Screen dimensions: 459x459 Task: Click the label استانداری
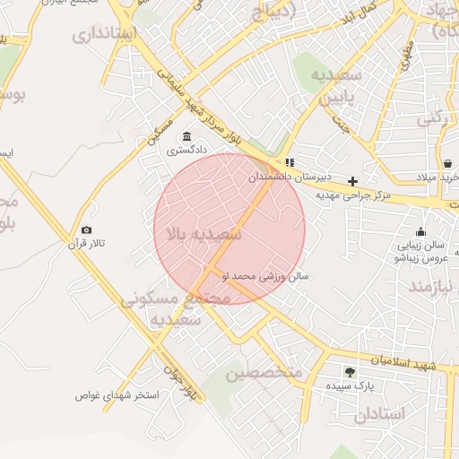click(105, 35)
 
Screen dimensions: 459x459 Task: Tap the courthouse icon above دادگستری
click(186, 136)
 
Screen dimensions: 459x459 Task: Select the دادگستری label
click(186, 151)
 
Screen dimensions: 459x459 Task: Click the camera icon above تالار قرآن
click(86, 230)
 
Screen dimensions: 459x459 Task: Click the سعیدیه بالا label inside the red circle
click(202, 235)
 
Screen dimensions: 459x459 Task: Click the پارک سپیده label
click(350, 385)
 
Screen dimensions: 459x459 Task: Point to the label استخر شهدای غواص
click(117, 394)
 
